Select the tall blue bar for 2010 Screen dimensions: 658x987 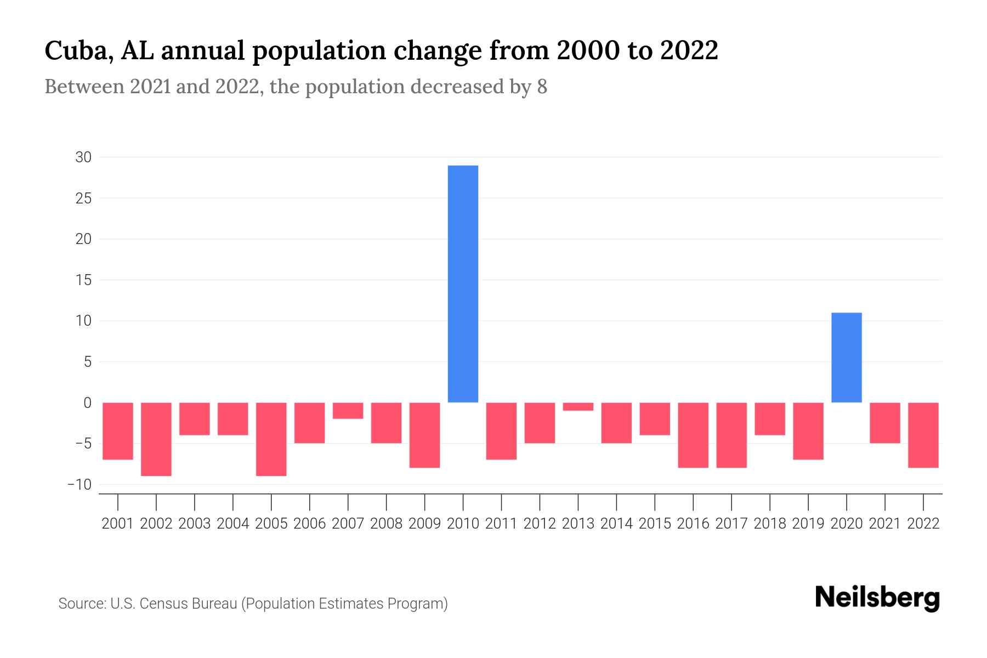463,284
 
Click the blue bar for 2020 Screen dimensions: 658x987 846,358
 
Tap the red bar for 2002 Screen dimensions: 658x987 156,439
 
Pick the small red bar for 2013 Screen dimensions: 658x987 578,406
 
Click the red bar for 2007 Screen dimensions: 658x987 348,411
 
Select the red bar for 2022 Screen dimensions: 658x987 923,435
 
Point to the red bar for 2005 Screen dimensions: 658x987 271,439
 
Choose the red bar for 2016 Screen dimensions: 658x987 693,435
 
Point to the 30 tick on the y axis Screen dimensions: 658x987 83,157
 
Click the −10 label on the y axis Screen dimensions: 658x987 80,485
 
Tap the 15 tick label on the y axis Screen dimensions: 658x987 83,280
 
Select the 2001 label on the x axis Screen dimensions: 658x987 118,524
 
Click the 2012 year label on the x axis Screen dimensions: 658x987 540,524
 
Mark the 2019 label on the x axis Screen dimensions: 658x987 808,524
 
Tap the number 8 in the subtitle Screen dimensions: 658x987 542,87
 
